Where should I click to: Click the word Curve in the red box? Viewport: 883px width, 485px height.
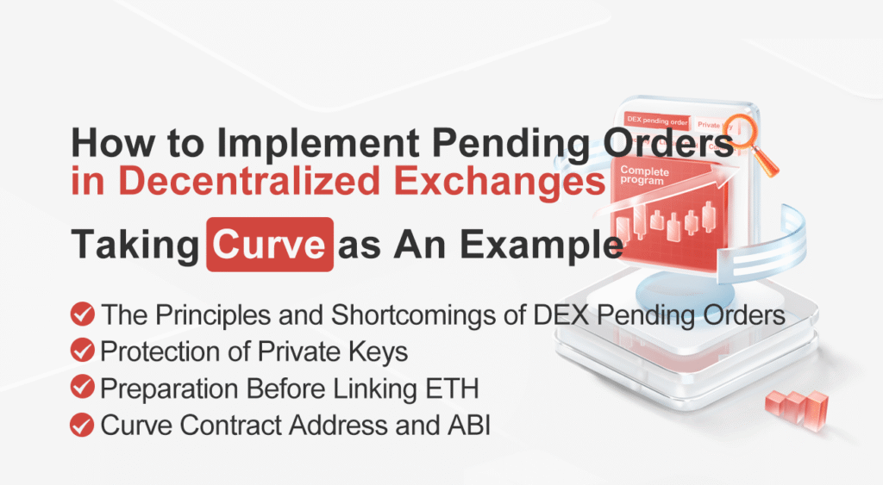point(270,245)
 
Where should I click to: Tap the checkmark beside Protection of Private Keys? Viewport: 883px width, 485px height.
point(83,351)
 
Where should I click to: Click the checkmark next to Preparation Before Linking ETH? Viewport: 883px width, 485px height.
point(83,388)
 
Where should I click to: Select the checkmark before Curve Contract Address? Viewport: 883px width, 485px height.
point(83,425)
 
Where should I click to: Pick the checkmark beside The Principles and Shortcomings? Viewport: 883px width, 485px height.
point(83,314)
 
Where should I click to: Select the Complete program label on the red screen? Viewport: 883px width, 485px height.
point(642,175)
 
